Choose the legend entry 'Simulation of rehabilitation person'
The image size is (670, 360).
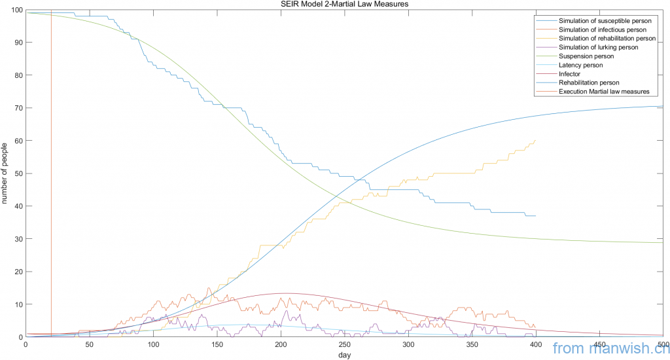pos(607,39)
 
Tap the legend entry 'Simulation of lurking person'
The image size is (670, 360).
pos(598,47)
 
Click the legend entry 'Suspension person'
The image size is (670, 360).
pos(586,56)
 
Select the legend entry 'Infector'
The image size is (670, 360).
pos(571,74)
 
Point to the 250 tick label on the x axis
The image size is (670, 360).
pos(344,344)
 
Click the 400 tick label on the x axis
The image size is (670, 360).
pos(535,344)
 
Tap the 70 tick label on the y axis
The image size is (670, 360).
pos(17,108)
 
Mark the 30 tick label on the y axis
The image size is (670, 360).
pos(17,239)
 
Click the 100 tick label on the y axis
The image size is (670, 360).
pos(15,10)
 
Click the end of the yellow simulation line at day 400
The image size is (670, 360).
pos(535,140)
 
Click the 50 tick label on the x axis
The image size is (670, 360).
pos(89,344)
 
